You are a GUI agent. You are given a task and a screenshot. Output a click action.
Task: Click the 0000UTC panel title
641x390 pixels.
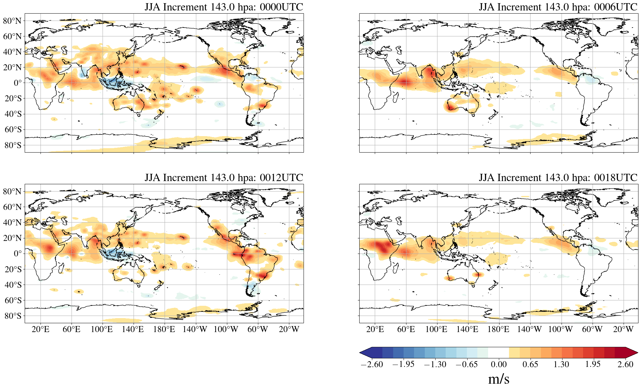click(224, 7)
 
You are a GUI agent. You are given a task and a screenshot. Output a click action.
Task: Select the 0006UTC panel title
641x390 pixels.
click(558, 7)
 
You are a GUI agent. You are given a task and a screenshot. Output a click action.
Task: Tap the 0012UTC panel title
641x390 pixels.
click(224, 178)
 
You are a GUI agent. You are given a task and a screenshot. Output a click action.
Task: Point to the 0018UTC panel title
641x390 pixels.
click(558, 178)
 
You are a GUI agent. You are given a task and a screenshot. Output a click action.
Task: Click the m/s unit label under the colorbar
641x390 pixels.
click(499, 379)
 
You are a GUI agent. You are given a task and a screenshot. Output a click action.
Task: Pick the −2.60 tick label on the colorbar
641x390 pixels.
click(372, 364)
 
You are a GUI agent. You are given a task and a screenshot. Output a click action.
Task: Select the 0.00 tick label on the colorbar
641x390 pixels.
click(499, 364)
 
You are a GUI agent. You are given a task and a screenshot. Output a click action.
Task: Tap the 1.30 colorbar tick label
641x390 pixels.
click(561, 364)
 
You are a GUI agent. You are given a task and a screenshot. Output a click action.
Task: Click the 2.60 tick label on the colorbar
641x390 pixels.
click(625, 364)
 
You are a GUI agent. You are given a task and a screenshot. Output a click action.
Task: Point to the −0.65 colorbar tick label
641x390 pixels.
click(466, 364)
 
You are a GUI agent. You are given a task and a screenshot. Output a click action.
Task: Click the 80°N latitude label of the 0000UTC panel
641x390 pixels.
click(12, 21)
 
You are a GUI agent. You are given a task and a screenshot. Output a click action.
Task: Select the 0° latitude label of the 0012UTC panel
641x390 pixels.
click(18, 254)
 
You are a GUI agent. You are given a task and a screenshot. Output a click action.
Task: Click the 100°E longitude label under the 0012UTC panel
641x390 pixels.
click(102, 329)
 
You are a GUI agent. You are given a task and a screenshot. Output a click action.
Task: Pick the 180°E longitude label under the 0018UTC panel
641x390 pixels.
click(498, 329)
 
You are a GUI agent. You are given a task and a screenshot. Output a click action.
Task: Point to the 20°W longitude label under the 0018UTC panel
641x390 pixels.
click(623, 329)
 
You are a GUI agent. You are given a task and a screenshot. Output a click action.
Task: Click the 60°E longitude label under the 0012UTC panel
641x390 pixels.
click(71, 329)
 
